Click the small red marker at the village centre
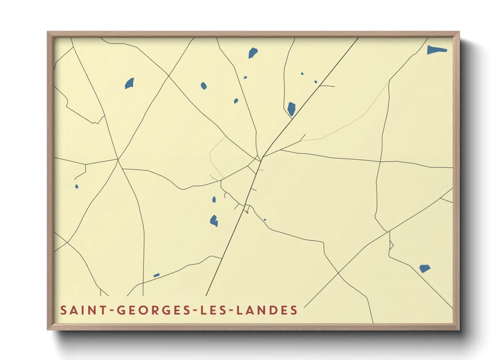[x=247, y=213]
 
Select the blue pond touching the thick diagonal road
[x=291, y=109]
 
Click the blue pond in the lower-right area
[x=424, y=268]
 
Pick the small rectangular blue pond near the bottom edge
[x=156, y=275]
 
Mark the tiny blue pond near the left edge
[x=77, y=186]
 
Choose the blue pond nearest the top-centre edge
[x=253, y=53]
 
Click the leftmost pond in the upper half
[x=129, y=83]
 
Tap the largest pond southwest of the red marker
[x=214, y=221]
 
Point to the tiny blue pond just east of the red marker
[x=265, y=220]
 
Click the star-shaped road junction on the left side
[x=118, y=159]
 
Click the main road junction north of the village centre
[x=262, y=158]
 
